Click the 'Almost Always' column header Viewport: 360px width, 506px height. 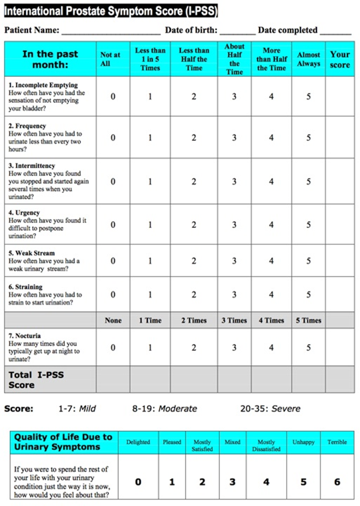(308, 59)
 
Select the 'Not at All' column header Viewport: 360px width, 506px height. (110, 59)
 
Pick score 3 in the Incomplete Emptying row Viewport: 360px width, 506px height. (234, 97)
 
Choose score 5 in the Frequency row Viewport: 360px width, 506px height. (308, 138)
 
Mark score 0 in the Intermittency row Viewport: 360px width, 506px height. (113, 182)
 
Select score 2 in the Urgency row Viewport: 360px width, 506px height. (194, 225)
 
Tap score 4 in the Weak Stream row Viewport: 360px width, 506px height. (271, 261)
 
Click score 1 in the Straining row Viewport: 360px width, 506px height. (150, 295)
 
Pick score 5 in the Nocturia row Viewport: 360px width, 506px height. (308, 348)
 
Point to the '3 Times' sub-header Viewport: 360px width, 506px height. (234, 320)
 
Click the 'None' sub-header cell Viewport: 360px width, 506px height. (113, 320)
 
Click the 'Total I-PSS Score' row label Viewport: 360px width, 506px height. (36, 379)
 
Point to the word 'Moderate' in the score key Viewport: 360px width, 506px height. (178, 409)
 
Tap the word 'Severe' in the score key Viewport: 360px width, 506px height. (286, 409)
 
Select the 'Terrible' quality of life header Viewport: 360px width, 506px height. (337, 442)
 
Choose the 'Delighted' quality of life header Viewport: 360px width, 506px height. (138, 442)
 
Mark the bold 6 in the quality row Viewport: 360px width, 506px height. (337, 482)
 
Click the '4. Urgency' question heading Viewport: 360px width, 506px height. (24, 212)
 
